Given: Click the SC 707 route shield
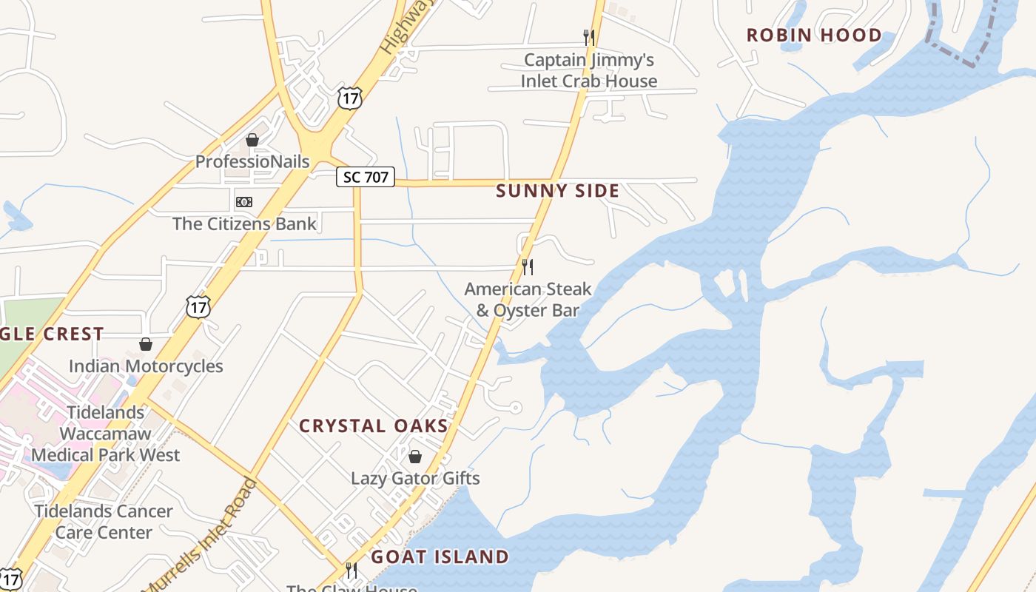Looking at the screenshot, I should (366, 177).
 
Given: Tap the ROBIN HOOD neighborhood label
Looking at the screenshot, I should (814, 36).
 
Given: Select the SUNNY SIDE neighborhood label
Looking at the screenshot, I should (557, 191).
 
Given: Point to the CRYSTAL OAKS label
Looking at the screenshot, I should (374, 426).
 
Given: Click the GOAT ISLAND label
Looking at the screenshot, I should (440, 556).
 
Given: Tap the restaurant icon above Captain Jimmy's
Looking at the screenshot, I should (588, 37).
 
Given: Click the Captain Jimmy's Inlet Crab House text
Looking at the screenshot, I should (588, 70).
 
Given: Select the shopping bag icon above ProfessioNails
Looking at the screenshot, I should (252, 140).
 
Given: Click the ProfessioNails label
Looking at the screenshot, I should (252, 161).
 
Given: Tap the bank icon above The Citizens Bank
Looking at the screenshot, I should (244, 202).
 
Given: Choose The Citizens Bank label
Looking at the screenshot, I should (244, 223).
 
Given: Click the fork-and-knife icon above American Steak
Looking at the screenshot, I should (528, 266).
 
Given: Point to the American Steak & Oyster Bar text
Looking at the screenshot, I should (528, 299).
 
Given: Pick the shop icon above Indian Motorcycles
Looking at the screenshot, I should (146, 344).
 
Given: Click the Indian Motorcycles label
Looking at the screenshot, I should (146, 366).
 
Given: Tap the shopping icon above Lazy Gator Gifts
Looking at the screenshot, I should (415, 457).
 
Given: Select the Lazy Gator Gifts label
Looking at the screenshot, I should (415, 479).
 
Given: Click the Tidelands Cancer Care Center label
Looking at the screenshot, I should (104, 522).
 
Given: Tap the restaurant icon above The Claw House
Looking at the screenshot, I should (351, 570).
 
